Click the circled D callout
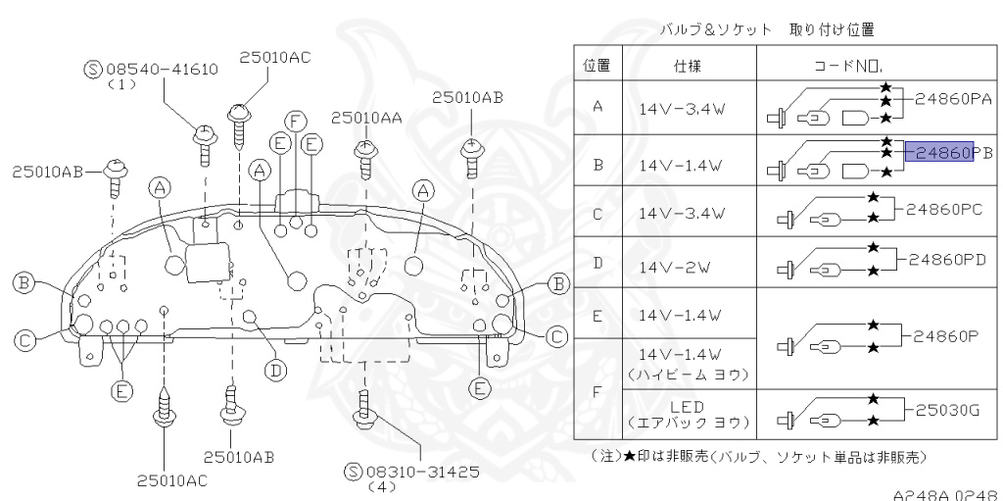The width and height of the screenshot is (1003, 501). pyautogui.click(x=277, y=371)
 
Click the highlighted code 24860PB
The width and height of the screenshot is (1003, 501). pyautogui.click(x=938, y=152)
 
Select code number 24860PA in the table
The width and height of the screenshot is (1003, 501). pyautogui.click(x=955, y=99)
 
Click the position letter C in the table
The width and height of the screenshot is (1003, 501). pyautogui.click(x=597, y=213)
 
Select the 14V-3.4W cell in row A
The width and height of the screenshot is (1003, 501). pyautogui.click(x=681, y=111)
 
